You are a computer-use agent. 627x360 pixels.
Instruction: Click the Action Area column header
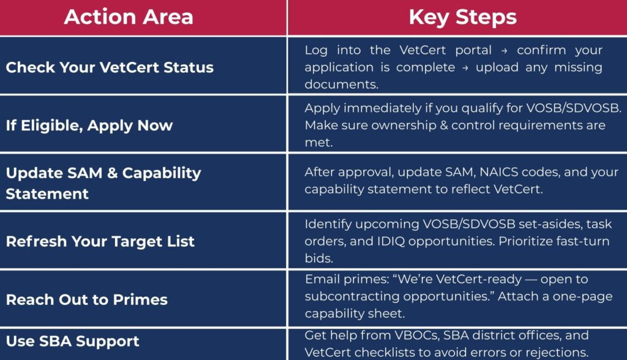tap(129, 17)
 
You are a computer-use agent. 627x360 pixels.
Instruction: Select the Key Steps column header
tap(463, 18)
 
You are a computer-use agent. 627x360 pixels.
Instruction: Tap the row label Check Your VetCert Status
tap(110, 67)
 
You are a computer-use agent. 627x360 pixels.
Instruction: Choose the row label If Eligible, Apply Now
tap(89, 126)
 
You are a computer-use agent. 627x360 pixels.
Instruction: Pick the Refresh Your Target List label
tap(100, 242)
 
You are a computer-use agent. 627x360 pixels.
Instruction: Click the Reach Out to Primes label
tap(87, 299)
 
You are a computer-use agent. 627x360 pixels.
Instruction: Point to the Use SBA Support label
tap(73, 341)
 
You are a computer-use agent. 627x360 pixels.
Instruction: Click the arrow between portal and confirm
tap(505, 51)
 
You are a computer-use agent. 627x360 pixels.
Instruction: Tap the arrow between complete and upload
tap(465, 68)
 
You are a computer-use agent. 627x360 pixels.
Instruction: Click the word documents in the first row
tap(341, 84)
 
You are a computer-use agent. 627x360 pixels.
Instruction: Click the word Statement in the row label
tap(47, 194)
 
